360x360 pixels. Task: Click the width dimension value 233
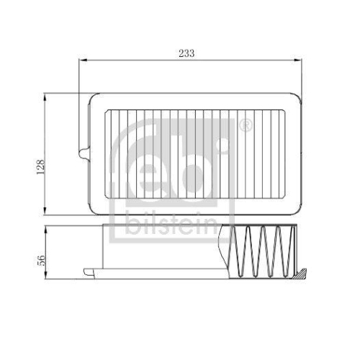tap(186, 53)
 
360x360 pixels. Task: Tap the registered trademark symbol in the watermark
tap(246, 127)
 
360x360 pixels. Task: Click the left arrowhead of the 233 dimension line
tap(81, 62)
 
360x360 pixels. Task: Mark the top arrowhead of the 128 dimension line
tap(47, 94)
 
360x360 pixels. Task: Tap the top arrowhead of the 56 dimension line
tap(47, 228)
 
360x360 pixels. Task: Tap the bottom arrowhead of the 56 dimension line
tap(47, 277)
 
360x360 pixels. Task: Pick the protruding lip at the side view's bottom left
tap(88, 272)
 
